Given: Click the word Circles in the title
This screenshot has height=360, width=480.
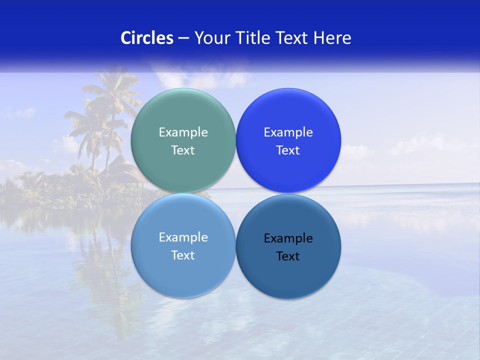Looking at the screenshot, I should (146, 38).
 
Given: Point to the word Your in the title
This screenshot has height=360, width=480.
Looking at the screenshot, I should (211, 38).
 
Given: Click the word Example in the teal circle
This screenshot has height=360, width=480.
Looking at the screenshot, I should (183, 132).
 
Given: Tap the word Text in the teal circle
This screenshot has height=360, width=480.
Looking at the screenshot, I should (183, 150).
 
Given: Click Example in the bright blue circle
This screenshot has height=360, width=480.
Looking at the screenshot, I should (288, 132).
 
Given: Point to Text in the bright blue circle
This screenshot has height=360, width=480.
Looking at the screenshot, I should (288, 150).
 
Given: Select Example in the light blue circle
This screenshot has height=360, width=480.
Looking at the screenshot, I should (183, 237).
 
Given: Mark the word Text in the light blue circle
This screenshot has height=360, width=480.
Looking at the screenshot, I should (183, 255).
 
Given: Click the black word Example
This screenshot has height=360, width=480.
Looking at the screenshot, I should (288, 238).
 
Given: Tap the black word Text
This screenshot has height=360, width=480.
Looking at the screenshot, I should (288, 256).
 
